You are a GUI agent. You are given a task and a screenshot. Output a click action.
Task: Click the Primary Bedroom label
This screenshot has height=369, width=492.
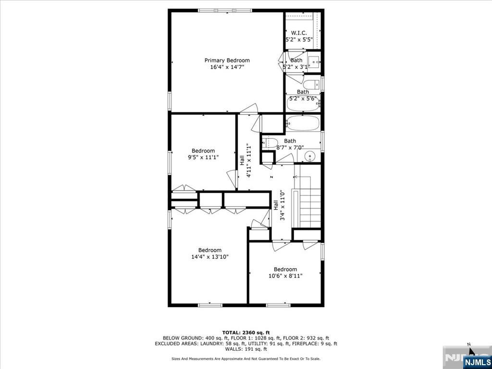tap(227, 60)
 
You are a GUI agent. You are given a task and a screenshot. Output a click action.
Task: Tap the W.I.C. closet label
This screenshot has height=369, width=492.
tap(299, 33)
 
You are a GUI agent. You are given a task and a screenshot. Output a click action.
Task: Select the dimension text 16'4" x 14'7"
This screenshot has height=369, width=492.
tap(227, 67)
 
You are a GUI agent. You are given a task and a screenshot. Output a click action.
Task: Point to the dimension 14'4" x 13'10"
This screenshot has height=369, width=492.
tap(210, 257)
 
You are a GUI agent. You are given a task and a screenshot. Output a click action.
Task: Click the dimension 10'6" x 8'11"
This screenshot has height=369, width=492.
tap(285, 276)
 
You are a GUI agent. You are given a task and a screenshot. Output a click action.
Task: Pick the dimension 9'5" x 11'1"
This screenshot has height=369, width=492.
tap(203, 157)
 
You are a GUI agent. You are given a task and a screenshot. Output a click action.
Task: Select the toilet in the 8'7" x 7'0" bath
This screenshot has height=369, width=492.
tap(269, 143)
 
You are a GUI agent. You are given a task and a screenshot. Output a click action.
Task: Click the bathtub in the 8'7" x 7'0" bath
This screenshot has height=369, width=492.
tap(303, 123)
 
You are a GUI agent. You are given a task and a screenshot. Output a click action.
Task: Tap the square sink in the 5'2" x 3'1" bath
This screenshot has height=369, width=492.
tap(313, 61)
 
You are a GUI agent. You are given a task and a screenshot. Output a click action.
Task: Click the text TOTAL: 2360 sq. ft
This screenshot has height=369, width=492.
tap(246, 332)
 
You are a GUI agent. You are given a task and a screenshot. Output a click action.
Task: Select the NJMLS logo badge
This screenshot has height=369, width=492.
tap(477, 361)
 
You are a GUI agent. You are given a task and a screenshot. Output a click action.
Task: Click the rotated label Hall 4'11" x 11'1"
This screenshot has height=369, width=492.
tap(246, 160)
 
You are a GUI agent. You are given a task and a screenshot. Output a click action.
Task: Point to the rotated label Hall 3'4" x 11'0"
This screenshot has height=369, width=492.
tap(279, 205)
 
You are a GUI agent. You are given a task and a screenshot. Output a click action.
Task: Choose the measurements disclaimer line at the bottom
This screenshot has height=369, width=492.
tap(246, 358)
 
